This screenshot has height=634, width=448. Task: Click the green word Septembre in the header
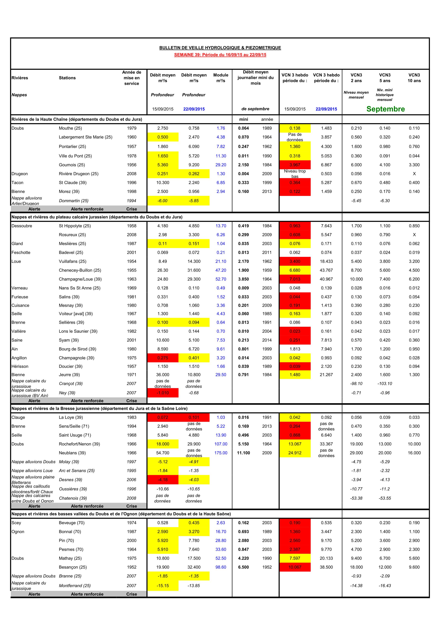tap(385, 109)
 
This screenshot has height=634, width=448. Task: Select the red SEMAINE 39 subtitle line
tap(220, 55)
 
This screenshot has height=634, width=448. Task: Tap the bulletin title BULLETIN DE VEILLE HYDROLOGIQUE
tap(220, 48)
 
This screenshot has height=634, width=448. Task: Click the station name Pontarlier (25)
tap(72, 147)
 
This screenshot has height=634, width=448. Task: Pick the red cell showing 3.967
tap(295, 165)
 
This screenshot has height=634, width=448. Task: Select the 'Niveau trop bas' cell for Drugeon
tap(295, 174)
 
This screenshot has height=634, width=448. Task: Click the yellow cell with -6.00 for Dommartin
tap(163, 201)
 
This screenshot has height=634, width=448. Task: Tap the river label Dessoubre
tap(22, 226)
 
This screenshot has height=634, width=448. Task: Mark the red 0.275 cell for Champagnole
tap(163, 358)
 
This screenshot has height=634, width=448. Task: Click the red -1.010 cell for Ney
tap(163, 393)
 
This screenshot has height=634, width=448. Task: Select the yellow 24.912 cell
tap(295, 453)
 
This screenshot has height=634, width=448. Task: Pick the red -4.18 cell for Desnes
tap(163, 480)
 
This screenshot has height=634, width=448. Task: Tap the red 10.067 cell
tap(295, 567)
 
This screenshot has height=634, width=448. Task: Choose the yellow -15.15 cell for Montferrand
tap(163, 586)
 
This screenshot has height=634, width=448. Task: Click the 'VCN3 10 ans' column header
tap(414, 78)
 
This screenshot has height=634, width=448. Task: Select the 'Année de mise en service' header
tap(132, 78)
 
